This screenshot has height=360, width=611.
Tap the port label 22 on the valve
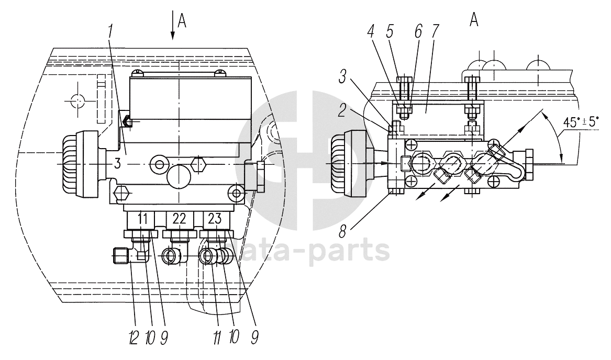180,219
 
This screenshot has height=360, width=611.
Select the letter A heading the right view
475,20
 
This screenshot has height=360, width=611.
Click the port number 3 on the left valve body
117,164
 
